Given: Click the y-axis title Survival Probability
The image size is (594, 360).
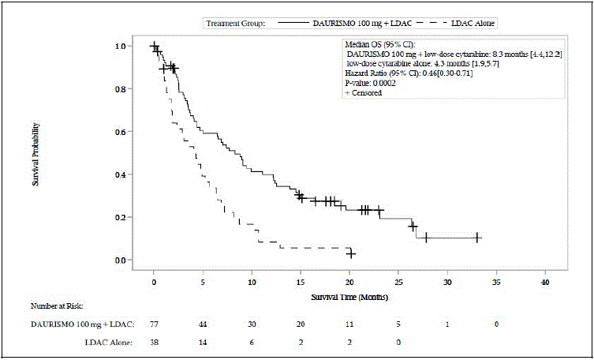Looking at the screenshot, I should [35, 153].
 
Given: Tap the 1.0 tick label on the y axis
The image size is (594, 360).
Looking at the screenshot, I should [119, 47].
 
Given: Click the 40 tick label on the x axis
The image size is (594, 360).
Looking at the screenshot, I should [545, 282].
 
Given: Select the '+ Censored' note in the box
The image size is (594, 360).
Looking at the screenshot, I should [364, 92].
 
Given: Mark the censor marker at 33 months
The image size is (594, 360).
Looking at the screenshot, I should [477, 238].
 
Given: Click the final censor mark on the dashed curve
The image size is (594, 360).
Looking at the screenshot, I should [351, 253].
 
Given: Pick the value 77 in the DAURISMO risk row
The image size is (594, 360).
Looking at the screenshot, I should [154, 324].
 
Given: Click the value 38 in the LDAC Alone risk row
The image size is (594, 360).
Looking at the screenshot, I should [154, 342].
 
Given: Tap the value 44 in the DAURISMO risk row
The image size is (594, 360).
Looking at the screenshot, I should [203, 324].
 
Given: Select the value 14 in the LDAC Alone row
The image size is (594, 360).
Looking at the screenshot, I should [203, 342].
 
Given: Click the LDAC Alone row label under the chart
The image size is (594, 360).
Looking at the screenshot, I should [110, 342].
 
